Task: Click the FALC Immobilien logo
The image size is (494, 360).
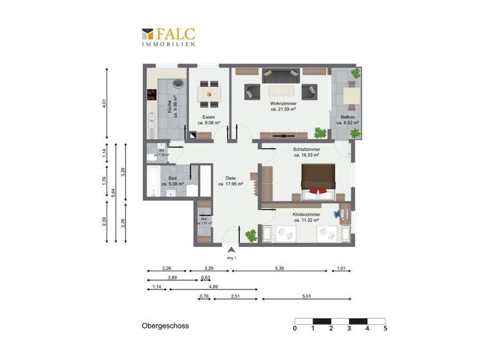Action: click(x=169, y=36)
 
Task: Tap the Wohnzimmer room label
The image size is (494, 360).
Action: click(x=283, y=106)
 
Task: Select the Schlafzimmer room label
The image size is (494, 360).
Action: click(x=307, y=152)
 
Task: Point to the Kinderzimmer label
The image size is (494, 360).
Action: click(x=307, y=217)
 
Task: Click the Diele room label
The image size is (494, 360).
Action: click(x=230, y=181)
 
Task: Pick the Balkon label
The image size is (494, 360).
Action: click(x=339, y=120)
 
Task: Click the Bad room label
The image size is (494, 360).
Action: click(x=172, y=181)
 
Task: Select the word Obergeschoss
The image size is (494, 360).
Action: click(x=165, y=327)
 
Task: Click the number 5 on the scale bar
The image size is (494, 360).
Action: click(x=385, y=328)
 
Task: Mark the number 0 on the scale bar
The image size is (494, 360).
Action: click(x=295, y=328)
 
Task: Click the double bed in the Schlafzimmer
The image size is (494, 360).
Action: click(x=317, y=179)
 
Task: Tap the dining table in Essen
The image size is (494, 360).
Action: click(x=208, y=94)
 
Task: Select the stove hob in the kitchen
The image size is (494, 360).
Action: click(x=152, y=95)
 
